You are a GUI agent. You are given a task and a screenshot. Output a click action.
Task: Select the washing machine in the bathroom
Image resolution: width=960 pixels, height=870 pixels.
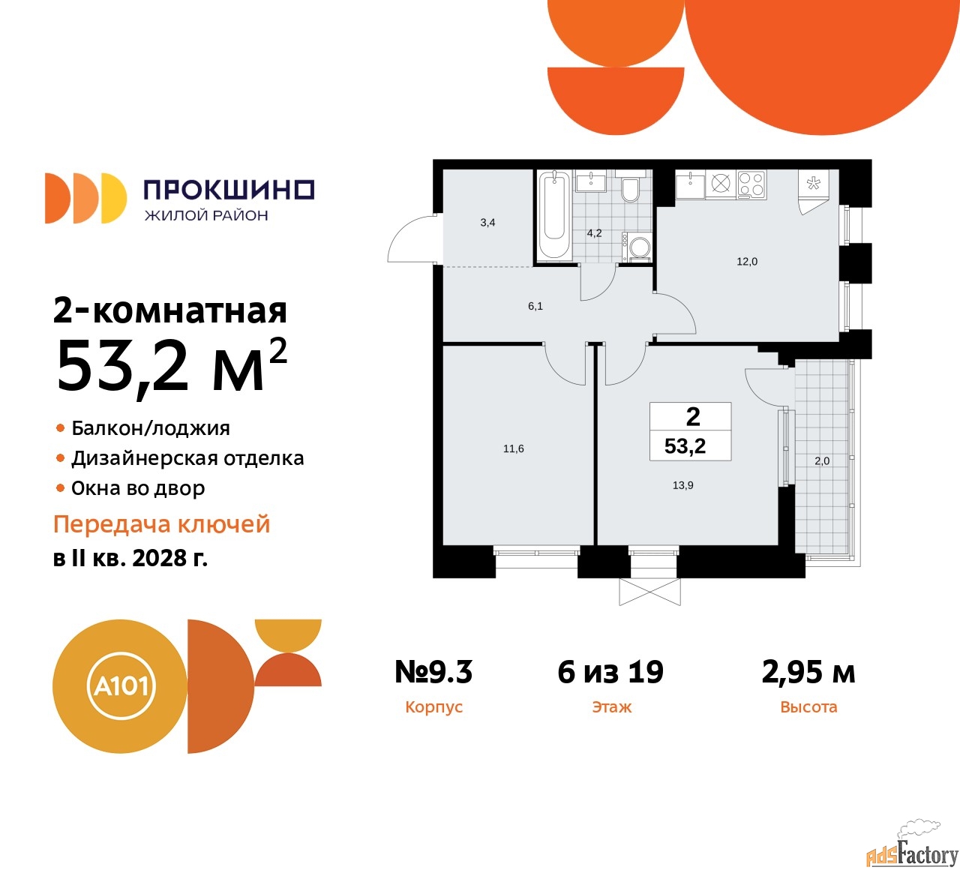click(x=640, y=248)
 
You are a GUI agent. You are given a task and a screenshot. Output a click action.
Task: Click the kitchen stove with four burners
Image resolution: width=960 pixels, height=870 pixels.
click(x=751, y=184)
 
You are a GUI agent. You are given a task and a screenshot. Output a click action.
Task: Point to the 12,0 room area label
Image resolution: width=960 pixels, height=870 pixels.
click(x=747, y=262)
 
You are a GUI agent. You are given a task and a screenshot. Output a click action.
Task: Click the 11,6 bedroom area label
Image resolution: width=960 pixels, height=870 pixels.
click(x=514, y=449)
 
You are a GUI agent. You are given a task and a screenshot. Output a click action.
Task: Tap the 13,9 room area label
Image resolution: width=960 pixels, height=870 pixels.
click(x=683, y=485)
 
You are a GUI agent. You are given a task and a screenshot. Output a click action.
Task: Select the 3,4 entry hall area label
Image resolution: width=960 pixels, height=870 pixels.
click(x=487, y=223)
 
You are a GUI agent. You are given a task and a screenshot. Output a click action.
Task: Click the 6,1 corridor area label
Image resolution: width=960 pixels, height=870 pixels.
click(x=535, y=306)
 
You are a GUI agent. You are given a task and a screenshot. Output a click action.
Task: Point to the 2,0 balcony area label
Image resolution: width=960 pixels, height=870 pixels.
click(x=822, y=461)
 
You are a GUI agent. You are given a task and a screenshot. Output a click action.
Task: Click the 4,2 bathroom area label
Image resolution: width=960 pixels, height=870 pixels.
click(x=594, y=233)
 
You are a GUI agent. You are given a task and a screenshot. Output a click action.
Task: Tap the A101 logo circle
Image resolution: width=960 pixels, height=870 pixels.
click(x=120, y=686)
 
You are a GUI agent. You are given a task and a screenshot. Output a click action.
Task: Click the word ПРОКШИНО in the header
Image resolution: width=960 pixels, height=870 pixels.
click(x=229, y=190)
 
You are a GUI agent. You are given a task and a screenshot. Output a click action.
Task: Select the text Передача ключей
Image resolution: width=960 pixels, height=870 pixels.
click(x=161, y=524)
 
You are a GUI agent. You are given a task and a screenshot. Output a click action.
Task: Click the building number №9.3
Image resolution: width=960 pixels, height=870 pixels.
click(x=433, y=672)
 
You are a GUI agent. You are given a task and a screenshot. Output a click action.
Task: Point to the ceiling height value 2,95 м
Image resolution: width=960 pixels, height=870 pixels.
click(x=808, y=672)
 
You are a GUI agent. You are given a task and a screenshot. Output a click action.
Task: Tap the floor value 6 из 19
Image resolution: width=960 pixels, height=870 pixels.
click(x=610, y=672)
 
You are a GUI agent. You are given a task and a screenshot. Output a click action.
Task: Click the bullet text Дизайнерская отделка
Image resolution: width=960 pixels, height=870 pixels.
click(x=187, y=458)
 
